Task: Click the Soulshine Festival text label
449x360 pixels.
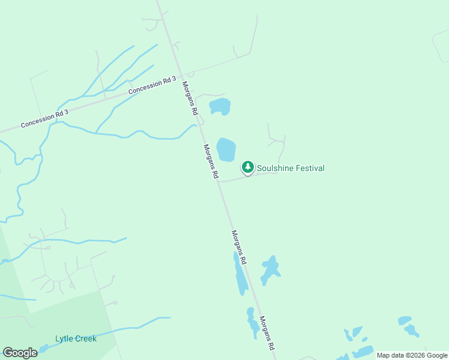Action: pyautogui.click(x=291, y=168)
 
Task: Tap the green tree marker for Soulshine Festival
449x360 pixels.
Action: pyautogui.click(x=247, y=167)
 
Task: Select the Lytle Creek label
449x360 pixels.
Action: pyautogui.click(x=76, y=338)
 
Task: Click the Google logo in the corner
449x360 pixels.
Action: pyautogui.click(x=20, y=353)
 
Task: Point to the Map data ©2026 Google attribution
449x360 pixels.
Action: pyautogui.click(x=411, y=355)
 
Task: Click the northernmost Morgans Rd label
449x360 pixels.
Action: pyautogui.click(x=190, y=98)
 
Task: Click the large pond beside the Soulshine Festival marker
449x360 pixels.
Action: pyautogui.click(x=226, y=149)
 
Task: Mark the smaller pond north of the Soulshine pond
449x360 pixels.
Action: pyautogui.click(x=220, y=107)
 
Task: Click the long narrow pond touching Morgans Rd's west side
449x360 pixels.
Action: pyautogui.click(x=241, y=276)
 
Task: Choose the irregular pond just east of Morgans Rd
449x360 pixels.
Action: pyautogui.click(x=270, y=270)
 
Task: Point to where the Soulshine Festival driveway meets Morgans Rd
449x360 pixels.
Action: pyautogui.click(x=218, y=181)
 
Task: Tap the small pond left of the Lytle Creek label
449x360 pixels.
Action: pyautogui.click(x=43, y=348)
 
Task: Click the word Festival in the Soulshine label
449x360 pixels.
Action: pyautogui.click(x=307, y=168)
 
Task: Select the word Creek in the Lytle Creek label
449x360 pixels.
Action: pyautogui.click(x=86, y=338)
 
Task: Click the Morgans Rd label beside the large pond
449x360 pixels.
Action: pyautogui.click(x=210, y=161)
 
